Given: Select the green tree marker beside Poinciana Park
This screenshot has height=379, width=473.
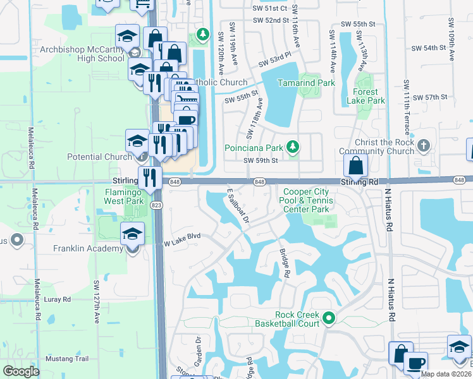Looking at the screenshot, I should (x=292, y=148).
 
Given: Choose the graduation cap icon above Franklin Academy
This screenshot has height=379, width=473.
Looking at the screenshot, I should (x=133, y=235).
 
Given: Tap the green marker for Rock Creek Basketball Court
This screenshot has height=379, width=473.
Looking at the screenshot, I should (x=328, y=319).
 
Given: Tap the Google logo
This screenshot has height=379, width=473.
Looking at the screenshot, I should (x=21, y=371).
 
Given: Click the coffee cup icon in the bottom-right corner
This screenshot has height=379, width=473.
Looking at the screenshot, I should (x=416, y=364).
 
